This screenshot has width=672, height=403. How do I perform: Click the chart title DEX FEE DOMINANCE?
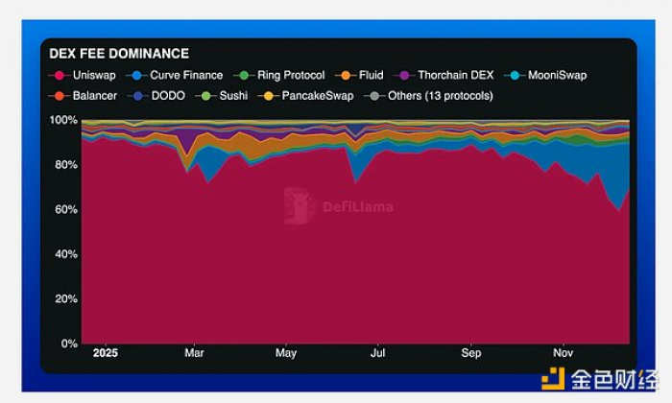pyautogui.click(x=119, y=54)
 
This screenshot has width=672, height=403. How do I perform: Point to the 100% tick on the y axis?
pyautogui.click(x=63, y=120)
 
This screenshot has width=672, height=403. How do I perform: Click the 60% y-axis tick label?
pyautogui.click(x=65, y=209)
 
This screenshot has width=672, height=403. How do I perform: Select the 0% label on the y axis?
pyautogui.click(x=68, y=344)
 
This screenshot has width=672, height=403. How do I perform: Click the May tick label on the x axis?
pyautogui.click(x=286, y=353)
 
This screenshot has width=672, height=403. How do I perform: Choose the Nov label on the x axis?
pyautogui.click(x=564, y=353)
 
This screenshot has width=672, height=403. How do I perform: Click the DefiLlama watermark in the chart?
pyautogui.click(x=338, y=205)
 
